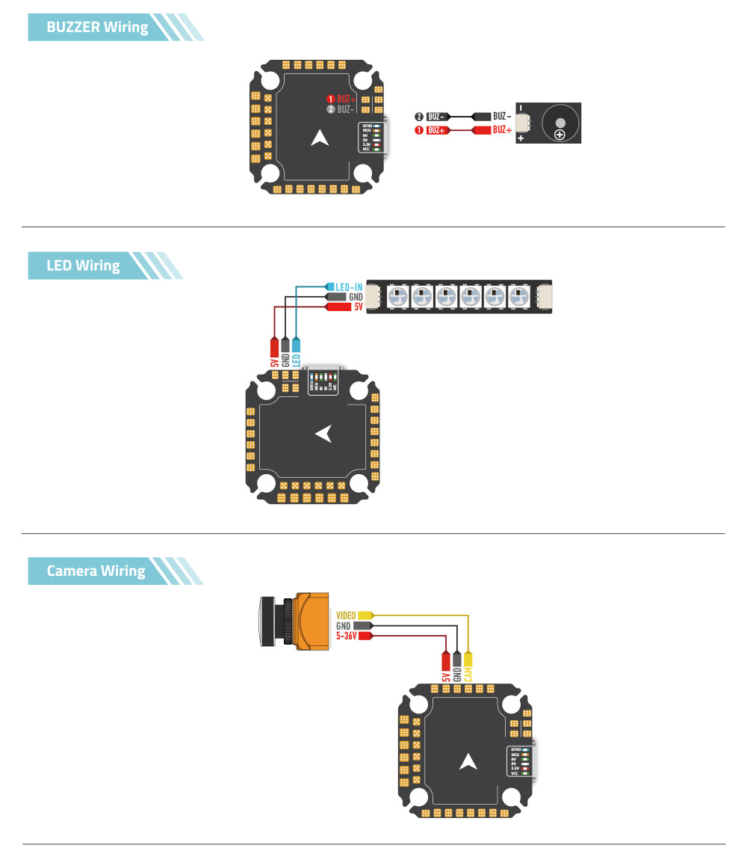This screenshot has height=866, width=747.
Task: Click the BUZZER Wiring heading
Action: (x=97, y=28)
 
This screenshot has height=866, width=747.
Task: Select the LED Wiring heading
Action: (x=83, y=265)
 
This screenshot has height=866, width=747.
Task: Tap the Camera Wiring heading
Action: (x=96, y=571)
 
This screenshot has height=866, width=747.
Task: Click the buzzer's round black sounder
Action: (x=560, y=123)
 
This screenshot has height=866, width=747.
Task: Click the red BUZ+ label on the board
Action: (x=345, y=99)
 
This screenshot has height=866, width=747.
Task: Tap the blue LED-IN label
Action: (x=349, y=287)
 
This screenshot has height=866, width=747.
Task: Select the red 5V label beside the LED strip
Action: (x=357, y=307)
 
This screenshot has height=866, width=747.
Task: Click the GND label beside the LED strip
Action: (x=356, y=297)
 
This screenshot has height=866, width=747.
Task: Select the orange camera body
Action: (x=312, y=620)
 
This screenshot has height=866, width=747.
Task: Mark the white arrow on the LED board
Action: (x=323, y=434)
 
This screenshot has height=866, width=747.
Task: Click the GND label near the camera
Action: (x=344, y=626)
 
